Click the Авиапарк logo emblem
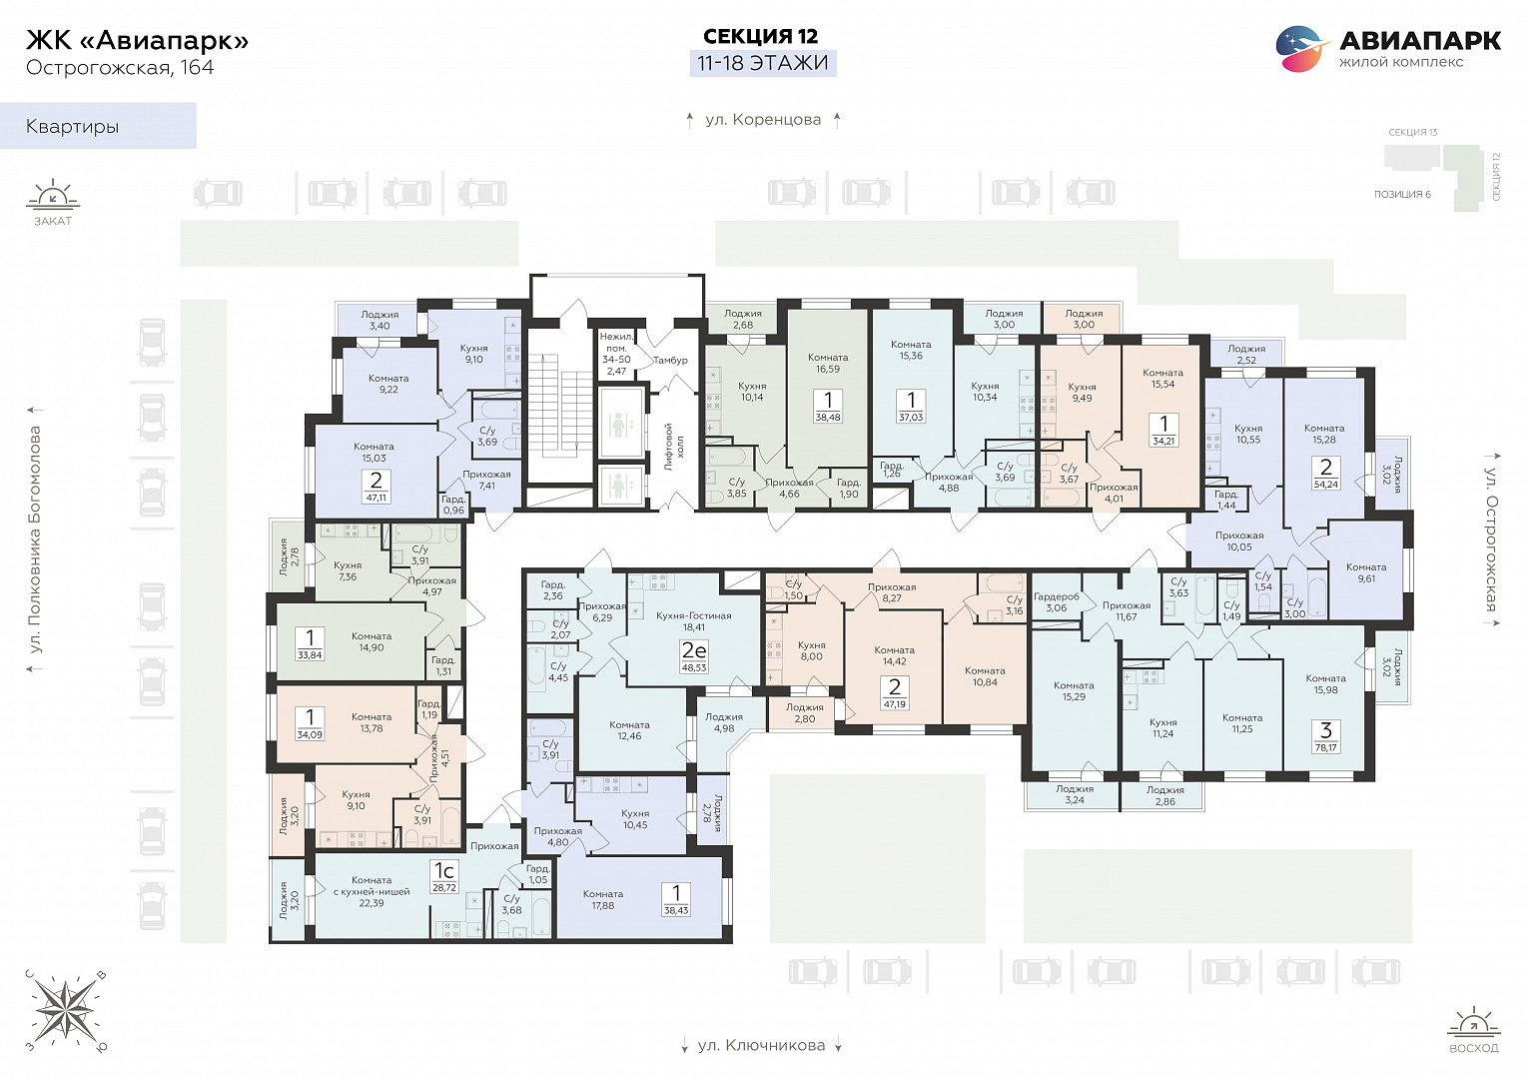point(1302,48)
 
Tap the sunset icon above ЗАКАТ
point(53,195)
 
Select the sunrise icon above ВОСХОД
point(1474,1023)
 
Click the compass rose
point(66,1009)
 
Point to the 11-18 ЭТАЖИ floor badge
point(763,63)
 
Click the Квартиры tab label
point(72,126)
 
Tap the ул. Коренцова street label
point(763,119)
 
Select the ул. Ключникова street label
point(761,1045)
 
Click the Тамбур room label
point(670,360)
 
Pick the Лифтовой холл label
point(674,447)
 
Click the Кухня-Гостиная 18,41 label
point(693,621)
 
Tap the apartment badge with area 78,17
point(1325,737)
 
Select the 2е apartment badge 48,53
point(694,656)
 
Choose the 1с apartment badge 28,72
point(444,877)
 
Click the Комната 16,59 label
point(828,363)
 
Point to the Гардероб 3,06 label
point(1056,602)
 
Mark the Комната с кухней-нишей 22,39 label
point(372,891)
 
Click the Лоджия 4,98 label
point(723,722)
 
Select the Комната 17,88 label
point(602,899)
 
